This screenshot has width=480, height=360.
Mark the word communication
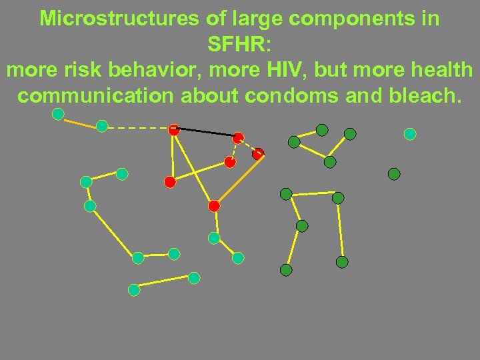point(95,95)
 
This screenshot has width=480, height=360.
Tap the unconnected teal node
point(410,134)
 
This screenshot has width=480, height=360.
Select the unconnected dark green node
point(394,174)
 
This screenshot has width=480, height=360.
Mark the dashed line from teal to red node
point(137,127)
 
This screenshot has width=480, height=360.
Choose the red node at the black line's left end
point(174,130)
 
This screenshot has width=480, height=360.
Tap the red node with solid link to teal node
point(213,206)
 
